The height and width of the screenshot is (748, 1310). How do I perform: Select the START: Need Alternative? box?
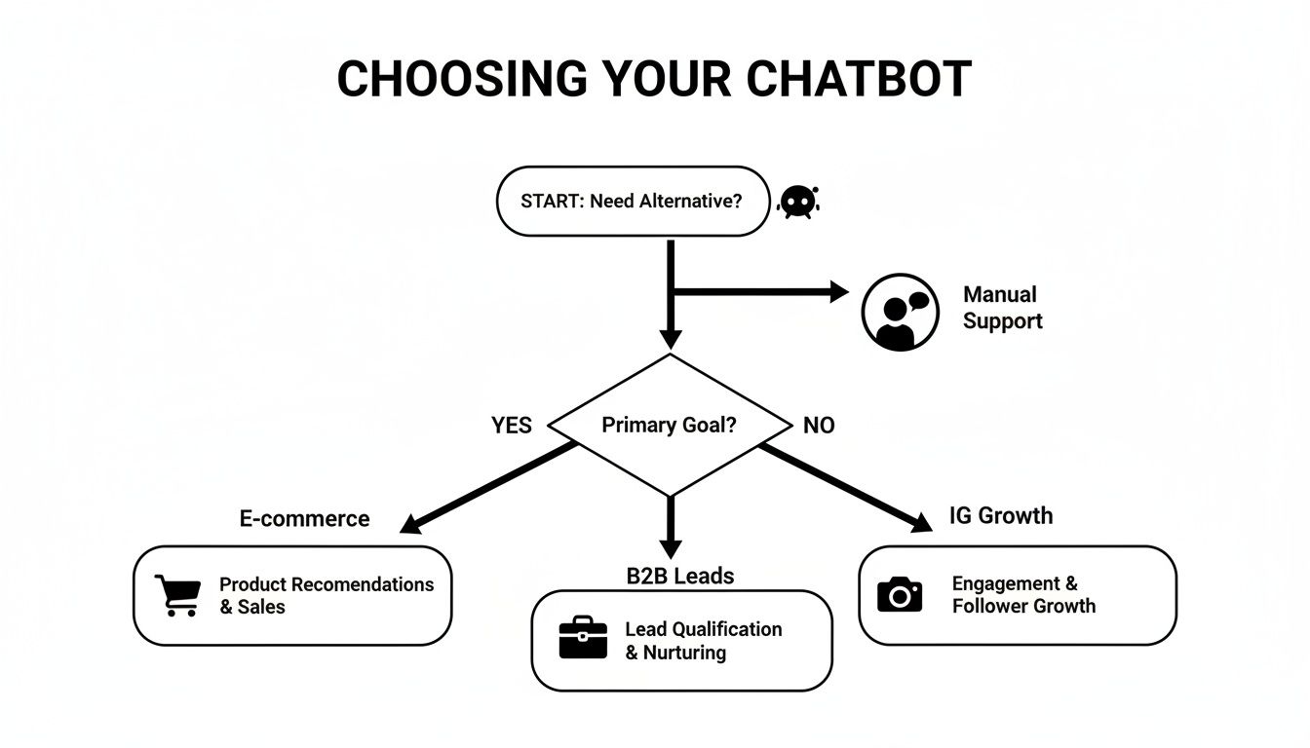click(633, 202)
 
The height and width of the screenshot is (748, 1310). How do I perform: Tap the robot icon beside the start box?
click(798, 201)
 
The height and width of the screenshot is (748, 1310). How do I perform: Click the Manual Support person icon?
click(899, 312)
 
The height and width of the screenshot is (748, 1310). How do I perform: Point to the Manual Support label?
click(1002, 308)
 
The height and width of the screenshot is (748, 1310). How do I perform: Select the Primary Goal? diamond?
click(669, 426)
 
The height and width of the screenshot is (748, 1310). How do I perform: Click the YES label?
click(511, 426)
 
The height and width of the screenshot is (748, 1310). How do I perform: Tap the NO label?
click(819, 426)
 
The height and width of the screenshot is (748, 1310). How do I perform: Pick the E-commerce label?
click(304, 519)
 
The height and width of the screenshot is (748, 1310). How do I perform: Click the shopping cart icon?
click(177, 594)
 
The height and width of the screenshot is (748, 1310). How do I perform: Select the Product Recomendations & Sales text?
click(326, 595)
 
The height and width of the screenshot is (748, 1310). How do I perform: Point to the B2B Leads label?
click(679, 576)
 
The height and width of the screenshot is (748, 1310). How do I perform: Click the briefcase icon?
click(583, 639)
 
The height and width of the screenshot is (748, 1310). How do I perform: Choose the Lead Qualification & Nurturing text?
click(703, 640)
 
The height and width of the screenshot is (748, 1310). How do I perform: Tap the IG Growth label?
click(1001, 515)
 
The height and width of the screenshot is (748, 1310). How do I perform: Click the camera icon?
click(899, 593)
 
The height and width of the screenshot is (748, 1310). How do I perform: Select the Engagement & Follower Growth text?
click(1023, 594)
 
